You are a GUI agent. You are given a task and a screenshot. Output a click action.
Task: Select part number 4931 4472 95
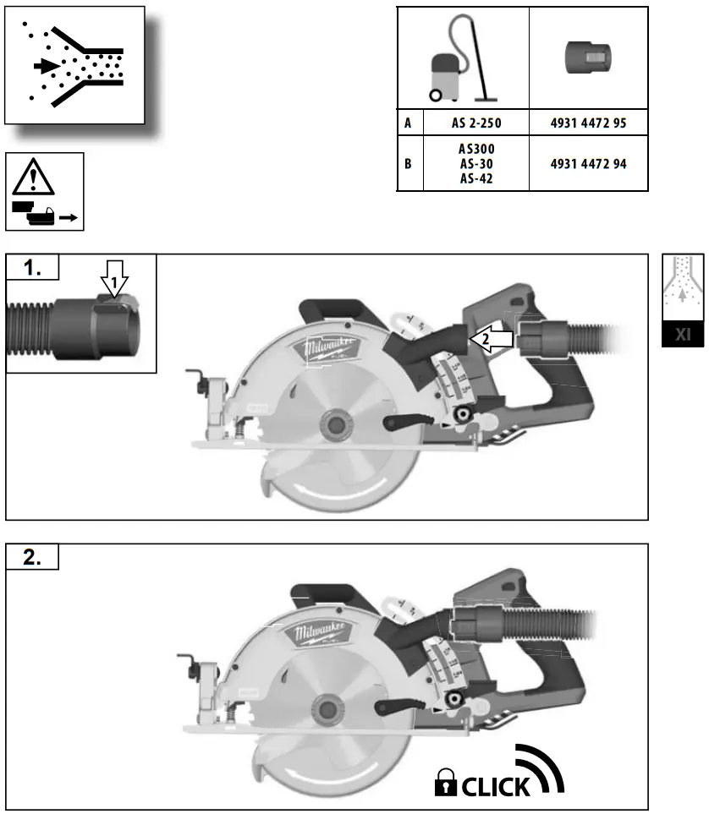(588, 123)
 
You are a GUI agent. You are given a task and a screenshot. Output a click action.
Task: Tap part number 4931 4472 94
(588, 163)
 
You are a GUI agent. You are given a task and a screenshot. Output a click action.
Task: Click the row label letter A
(408, 123)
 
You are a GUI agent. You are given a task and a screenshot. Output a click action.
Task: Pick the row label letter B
(408, 163)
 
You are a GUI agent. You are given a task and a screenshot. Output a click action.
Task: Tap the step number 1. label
(33, 268)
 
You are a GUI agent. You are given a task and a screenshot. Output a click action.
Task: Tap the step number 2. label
(33, 558)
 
